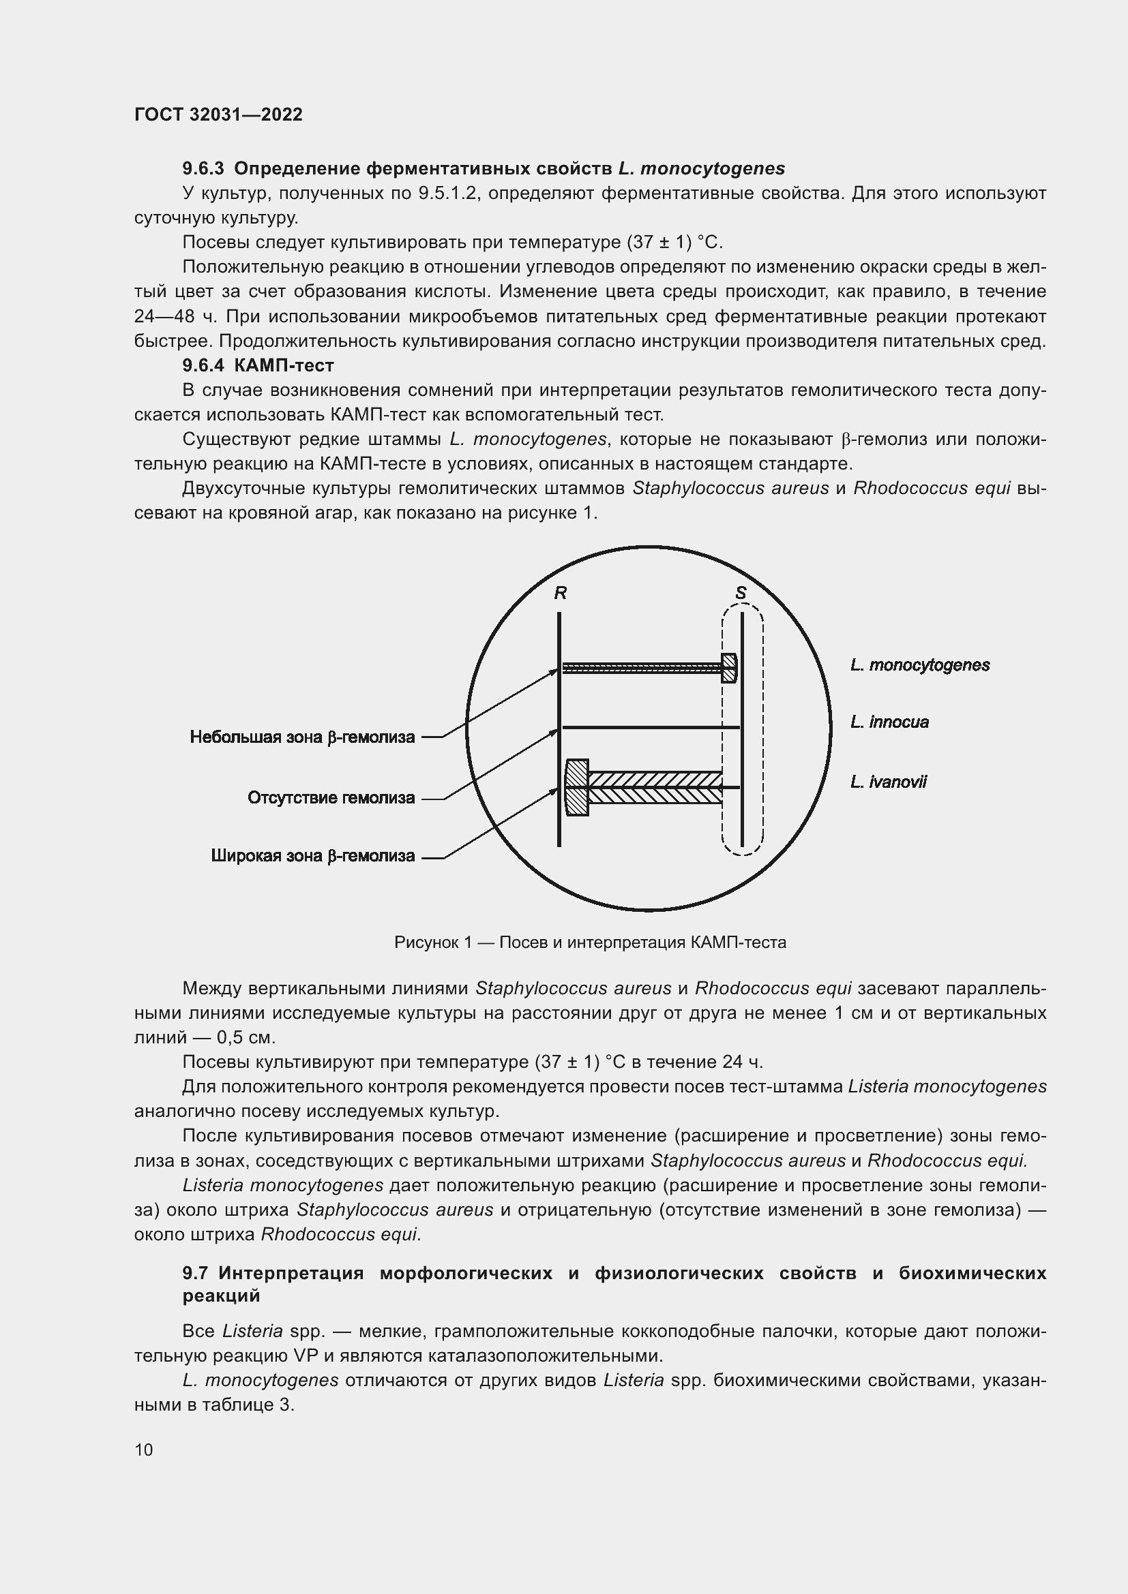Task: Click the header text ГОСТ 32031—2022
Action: point(218,114)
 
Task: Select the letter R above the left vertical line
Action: point(560,593)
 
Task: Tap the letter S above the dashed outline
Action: point(741,593)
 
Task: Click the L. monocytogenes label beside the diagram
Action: point(919,665)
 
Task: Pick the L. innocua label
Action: point(889,722)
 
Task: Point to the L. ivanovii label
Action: point(888,782)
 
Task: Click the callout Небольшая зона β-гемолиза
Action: point(302,737)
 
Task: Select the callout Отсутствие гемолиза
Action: point(331,798)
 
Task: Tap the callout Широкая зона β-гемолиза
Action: point(312,856)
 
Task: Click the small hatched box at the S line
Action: point(728,668)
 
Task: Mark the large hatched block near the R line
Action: point(577,787)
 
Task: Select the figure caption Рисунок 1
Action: point(590,942)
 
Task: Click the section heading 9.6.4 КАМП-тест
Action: point(258,365)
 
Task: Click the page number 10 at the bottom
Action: point(144,1450)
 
